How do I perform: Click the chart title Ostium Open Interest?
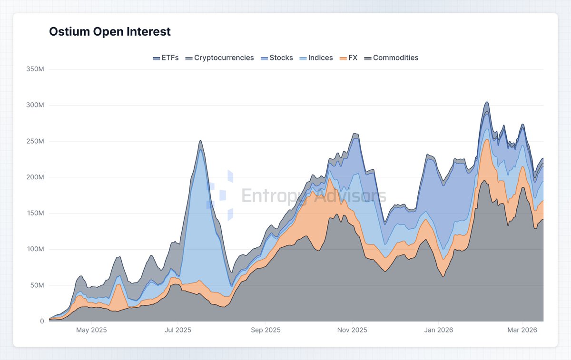pyautogui.click(x=110, y=32)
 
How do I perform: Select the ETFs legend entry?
pyautogui.click(x=166, y=58)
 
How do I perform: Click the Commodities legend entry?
pyautogui.click(x=391, y=58)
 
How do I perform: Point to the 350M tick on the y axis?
pyautogui.click(x=35, y=69)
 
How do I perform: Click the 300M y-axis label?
pyautogui.click(x=35, y=105)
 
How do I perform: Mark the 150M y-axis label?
pyautogui.click(x=35, y=214)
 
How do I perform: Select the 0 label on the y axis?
pyautogui.click(x=42, y=321)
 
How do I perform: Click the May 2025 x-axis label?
pyautogui.click(x=91, y=330)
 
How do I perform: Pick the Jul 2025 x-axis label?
pyautogui.click(x=177, y=330)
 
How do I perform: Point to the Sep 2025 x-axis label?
pyautogui.click(x=266, y=330)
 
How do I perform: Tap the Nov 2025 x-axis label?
pyautogui.click(x=352, y=330)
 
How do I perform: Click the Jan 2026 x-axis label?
pyautogui.click(x=438, y=330)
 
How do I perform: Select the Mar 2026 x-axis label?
pyautogui.click(x=522, y=330)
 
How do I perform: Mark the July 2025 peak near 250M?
pyautogui.click(x=200, y=141)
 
